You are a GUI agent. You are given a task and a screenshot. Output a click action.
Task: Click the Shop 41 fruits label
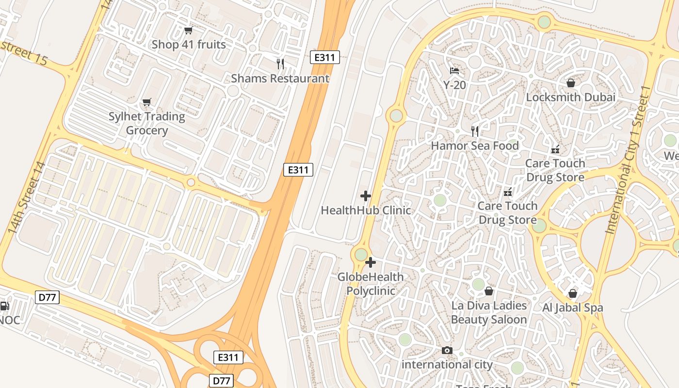coord(189,45)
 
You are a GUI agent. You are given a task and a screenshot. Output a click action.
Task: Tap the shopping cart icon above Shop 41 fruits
coord(189,31)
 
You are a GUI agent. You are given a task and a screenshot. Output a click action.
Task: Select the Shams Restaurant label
coord(280,79)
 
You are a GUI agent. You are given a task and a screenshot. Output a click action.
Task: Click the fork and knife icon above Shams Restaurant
coord(280,64)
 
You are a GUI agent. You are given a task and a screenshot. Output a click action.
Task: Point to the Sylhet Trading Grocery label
coord(146,124)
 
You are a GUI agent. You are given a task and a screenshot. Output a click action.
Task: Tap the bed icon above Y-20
coord(454,71)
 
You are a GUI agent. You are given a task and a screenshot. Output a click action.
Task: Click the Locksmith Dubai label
coord(570,97)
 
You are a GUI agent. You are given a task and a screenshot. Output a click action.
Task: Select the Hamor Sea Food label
coord(475,146)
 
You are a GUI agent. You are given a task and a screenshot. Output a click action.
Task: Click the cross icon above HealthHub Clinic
coord(366,196)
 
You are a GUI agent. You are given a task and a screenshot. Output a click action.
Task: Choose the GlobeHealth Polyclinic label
coord(371,284)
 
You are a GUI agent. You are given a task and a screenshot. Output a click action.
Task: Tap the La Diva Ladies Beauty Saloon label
coord(489,312)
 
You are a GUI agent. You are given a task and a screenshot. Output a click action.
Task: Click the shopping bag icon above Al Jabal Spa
coord(573,293)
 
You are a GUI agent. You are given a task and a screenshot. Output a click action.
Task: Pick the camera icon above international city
coord(447,350)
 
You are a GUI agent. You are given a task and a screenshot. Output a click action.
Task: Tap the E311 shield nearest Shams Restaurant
coord(324,57)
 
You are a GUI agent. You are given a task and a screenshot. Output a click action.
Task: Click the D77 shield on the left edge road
coord(47,297)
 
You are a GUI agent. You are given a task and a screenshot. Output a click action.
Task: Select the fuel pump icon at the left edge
coord(4,306)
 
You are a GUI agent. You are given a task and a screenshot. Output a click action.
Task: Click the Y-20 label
coord(454,85)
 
